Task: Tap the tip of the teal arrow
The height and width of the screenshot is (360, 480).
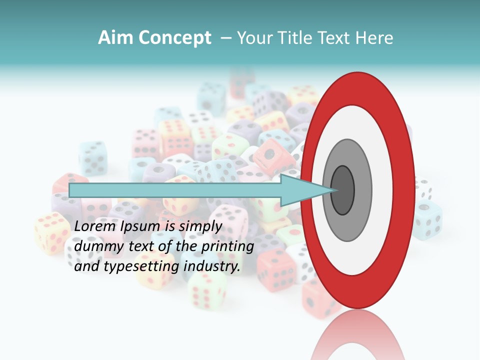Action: tap(333, 190)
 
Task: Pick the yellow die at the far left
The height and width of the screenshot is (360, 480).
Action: tap(51, 232)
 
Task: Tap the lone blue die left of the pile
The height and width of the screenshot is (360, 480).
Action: tap(93, 158)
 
